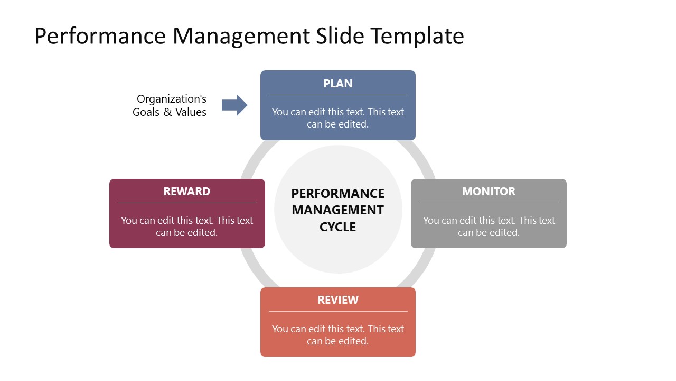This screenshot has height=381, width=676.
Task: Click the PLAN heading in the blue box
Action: [337, 84]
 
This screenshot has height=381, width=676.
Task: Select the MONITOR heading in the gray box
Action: [489, 192]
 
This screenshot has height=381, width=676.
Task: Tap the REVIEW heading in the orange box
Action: [337, 300]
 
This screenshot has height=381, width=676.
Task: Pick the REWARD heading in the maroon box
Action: [186, 192]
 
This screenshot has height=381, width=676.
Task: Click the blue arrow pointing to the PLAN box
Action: [234, 105]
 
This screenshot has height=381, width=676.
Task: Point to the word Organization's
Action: [172, 99]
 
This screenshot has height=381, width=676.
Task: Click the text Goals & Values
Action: [170, 112]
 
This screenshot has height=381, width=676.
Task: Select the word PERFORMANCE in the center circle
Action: [338, 193]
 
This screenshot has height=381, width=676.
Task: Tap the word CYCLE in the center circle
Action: [338, 227]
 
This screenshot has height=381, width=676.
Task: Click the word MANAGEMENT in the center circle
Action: [338, 210]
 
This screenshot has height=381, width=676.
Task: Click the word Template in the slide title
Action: [417, 36]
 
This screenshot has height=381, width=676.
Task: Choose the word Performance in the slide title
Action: [100, 36]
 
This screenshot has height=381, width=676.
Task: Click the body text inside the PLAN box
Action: [337, 118]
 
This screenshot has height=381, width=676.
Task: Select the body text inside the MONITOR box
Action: [489, 226]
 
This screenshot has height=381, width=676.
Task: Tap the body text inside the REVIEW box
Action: [337, 335]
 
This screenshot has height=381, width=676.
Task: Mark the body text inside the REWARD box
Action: [186, 226]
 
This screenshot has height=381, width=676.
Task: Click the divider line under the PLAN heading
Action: [338, 95]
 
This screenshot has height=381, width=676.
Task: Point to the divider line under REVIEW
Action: [338, 312]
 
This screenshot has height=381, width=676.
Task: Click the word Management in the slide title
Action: [241, 36]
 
